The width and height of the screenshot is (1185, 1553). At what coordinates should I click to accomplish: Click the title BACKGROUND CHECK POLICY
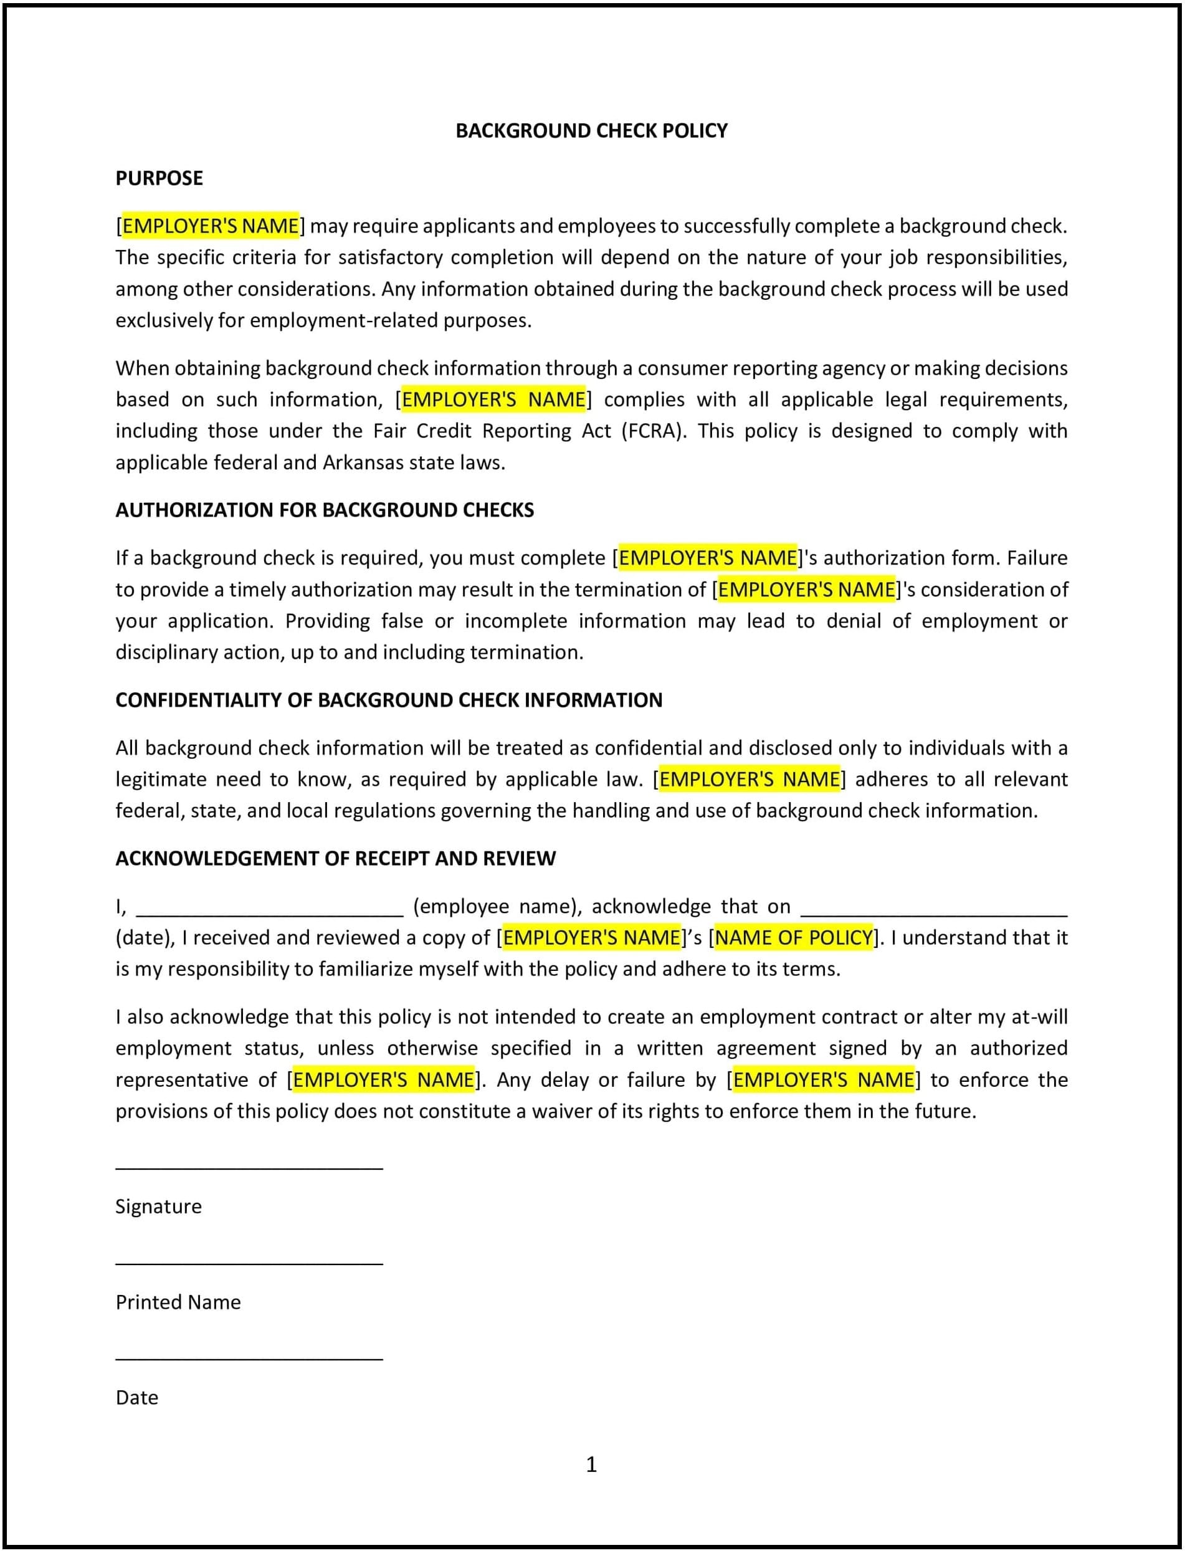(x=591, y=130)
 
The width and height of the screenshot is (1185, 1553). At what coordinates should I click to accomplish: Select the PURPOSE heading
(x=159, y=178)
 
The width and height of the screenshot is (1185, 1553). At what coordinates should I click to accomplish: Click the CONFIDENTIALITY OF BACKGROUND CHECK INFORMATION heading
(x=389, y=699)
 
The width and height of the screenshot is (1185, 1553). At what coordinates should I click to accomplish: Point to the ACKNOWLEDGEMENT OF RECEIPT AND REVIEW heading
(x=335, y=858)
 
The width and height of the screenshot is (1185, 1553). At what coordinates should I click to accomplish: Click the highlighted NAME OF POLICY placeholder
(x=794, y=937)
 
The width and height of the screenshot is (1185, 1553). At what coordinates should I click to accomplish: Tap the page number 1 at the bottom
(x=591, y=1464)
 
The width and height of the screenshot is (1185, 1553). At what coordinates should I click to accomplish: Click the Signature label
(x=158, y=1206)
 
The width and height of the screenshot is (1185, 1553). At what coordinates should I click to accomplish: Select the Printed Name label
(x=178, y=1302)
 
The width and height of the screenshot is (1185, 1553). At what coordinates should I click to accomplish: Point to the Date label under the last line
(x=137, y=1397)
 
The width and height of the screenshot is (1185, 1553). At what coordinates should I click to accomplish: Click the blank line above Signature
(x=249, y=1168)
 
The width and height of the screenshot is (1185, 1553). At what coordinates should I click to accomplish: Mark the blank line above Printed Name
(x=249, y=1264)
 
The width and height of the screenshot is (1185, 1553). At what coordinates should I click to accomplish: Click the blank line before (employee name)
(x=269, y=914)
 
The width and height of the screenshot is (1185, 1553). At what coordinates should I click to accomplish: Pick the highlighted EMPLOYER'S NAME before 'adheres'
(x=749, y=779)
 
